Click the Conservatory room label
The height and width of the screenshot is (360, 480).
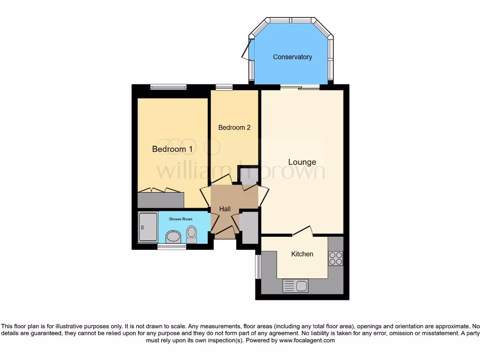point(292,57)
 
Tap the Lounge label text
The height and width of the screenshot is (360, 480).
point(302,162)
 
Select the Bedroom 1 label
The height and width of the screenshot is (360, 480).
point(172,149)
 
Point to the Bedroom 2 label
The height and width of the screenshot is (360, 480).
point(234,127)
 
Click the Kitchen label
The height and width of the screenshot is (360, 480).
point(302,254)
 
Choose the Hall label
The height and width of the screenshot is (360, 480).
point(225,209)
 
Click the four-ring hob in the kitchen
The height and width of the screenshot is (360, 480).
point(336,258)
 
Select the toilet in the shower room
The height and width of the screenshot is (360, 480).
point(192,233)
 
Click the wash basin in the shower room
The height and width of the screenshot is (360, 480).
point(173,236)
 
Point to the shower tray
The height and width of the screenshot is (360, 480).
point(148,227)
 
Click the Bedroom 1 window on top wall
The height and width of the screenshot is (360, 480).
point(168,87)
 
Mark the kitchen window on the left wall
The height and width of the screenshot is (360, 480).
point(257,268)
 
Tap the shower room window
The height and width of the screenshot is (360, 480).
point(172,247)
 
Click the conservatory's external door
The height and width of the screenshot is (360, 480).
point(247,49)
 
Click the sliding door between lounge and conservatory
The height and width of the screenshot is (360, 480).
point(300,87)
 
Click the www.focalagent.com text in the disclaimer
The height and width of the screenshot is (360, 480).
point(307,340)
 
